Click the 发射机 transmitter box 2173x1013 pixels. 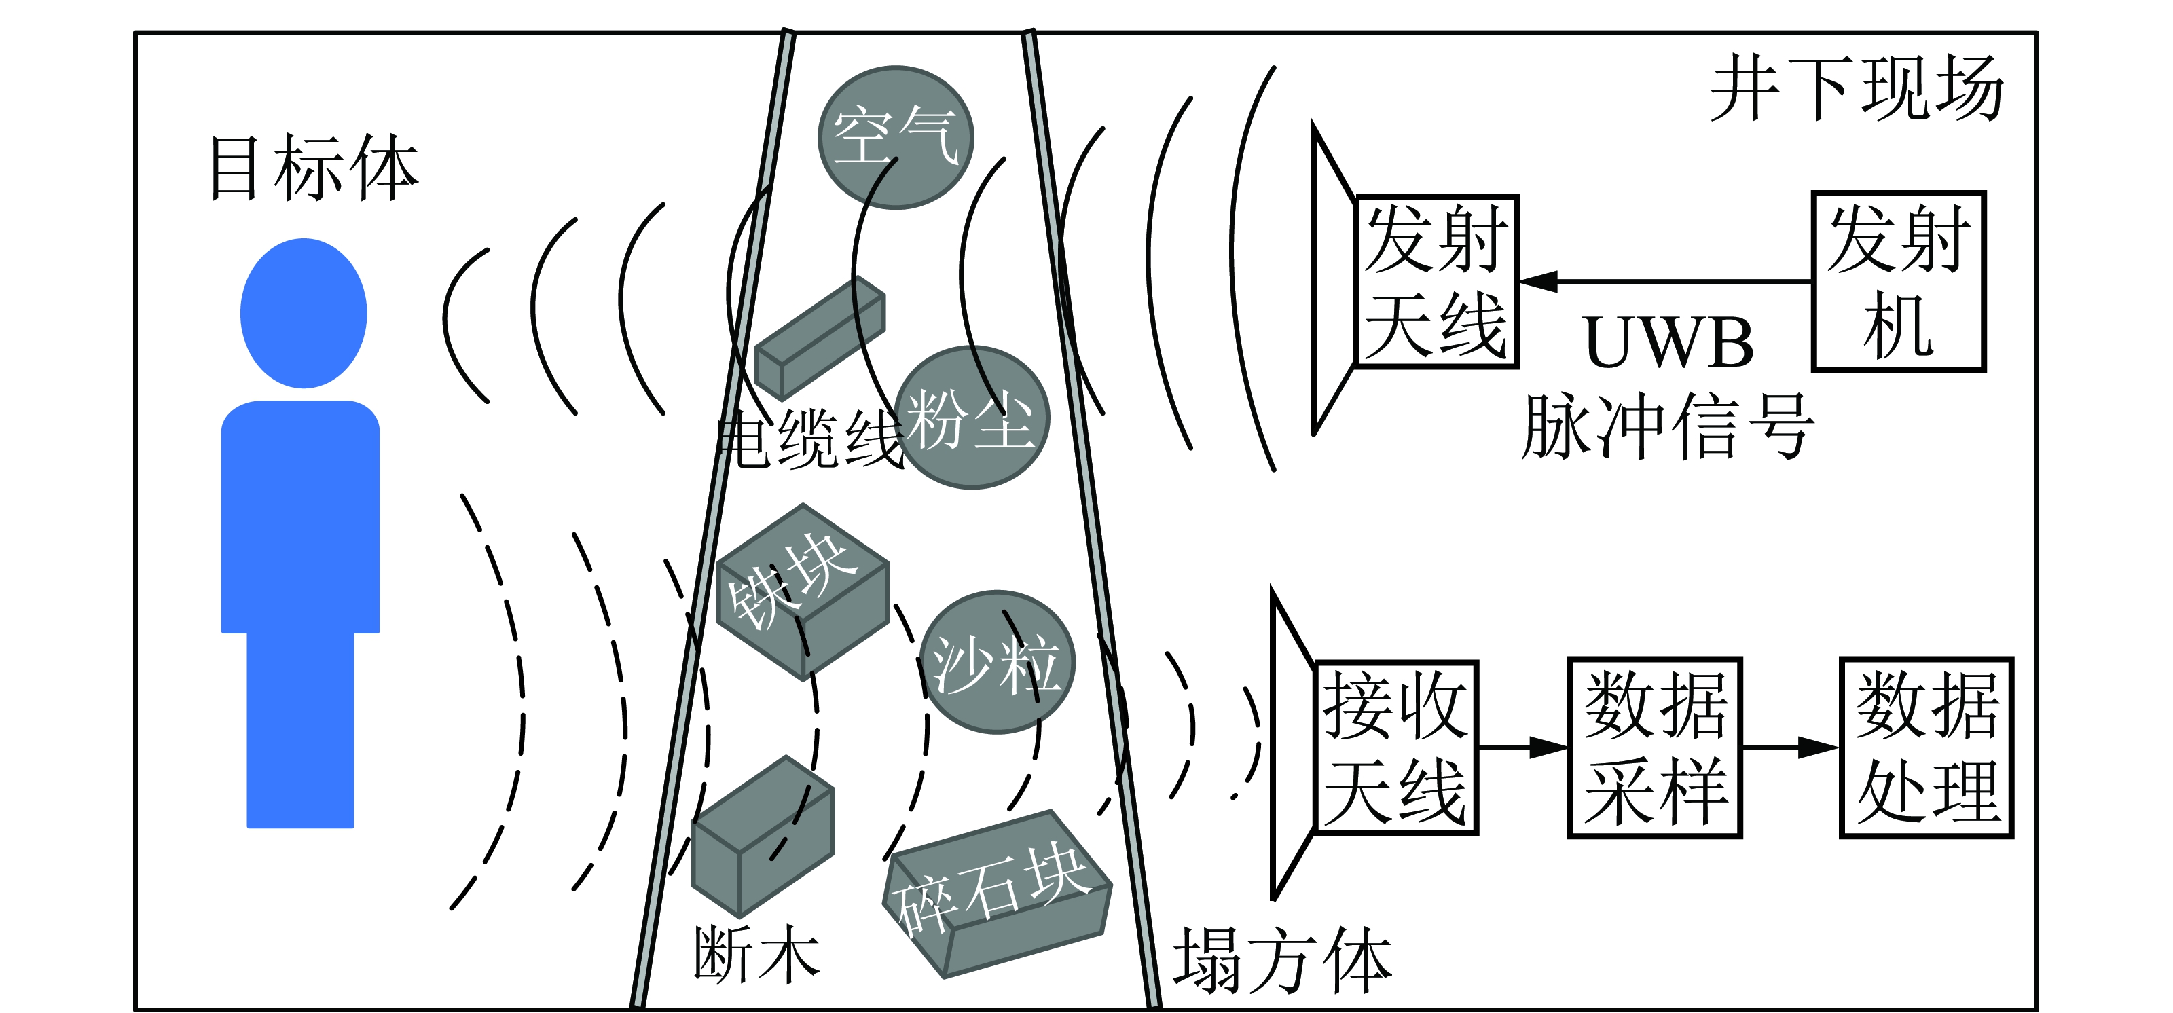[1898, 282]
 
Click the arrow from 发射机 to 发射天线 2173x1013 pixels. [1666, 281]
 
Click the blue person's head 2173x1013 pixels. [304, 313]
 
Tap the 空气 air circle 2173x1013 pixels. [896, 136]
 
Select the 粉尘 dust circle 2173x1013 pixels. [972, 418]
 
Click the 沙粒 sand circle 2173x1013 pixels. [997, 662]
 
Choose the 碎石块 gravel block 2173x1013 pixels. [997, 894]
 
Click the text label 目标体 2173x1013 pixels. [314, 168]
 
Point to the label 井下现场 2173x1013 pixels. [1856, 88]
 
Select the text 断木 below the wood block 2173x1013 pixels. [756, 954]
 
